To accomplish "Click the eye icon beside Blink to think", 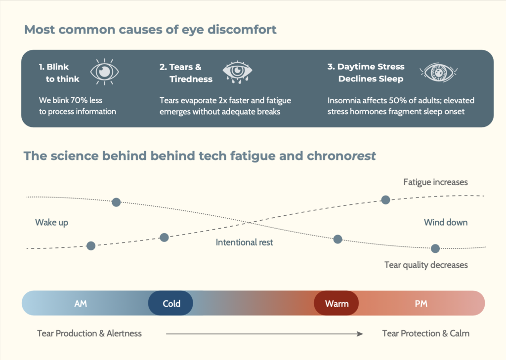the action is (105, 72).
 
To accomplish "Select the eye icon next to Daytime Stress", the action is (439, 72).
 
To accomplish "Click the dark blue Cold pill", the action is (170, 303).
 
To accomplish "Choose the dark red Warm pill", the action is (336, 303).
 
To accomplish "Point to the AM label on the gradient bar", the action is (81, 304).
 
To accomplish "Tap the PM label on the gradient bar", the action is (421, 304).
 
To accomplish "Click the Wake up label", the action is (51, 223).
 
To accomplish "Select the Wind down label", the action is (446, 222).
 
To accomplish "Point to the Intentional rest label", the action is (244, 242).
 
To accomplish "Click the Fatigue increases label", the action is (436, 182).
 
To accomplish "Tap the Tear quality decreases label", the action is (426, 265).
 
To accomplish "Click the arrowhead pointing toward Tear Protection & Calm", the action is (360, 334).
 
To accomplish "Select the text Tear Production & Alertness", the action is (89, 333).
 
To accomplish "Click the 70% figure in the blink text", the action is (79, 100).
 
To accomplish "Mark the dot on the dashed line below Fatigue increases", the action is (385, 200).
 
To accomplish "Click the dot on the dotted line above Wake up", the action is (116, 202).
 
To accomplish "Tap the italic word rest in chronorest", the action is (363, 156).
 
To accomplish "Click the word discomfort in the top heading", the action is (242, 30).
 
